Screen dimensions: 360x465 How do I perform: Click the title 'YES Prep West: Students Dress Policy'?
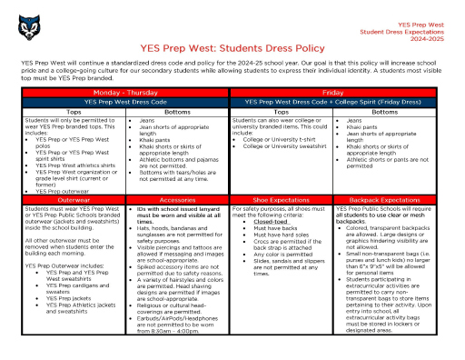tap(232, 46)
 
